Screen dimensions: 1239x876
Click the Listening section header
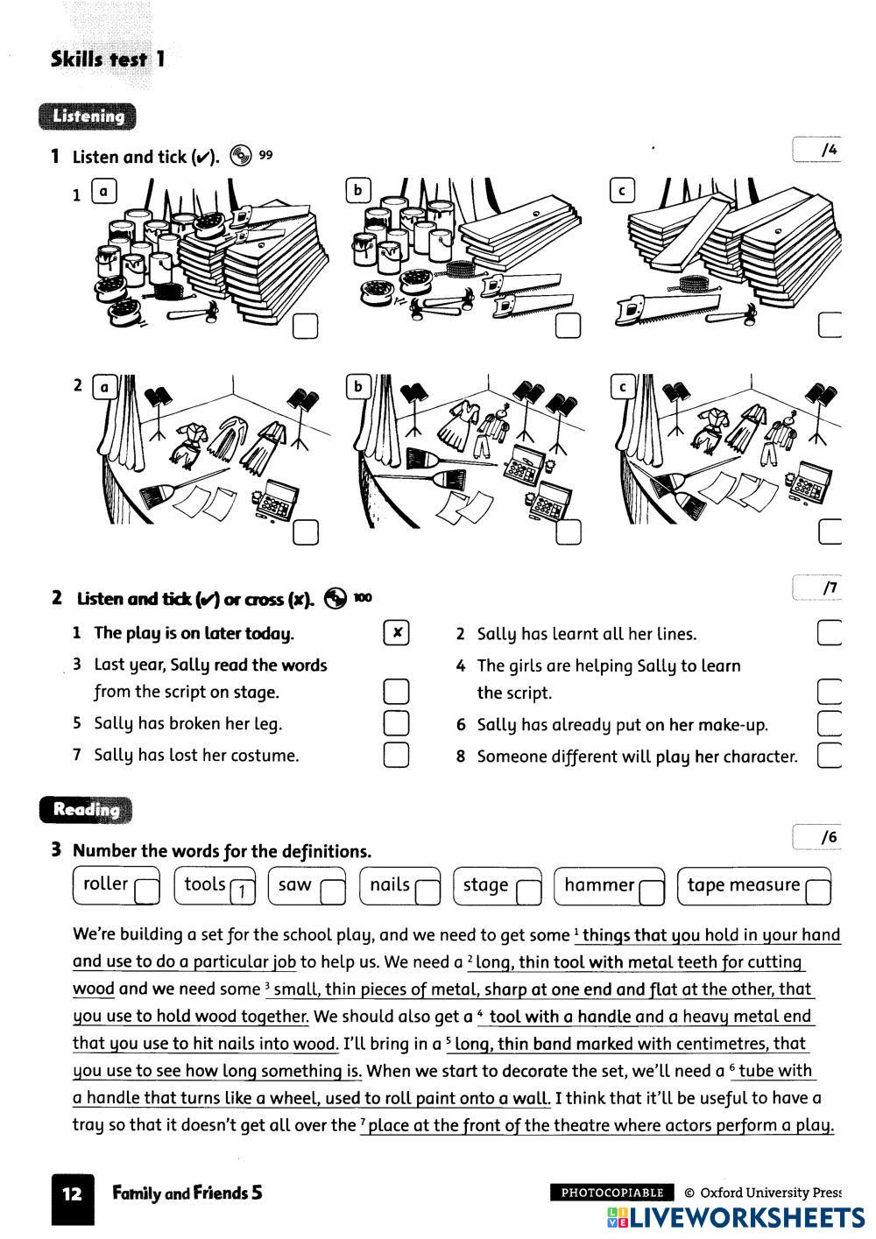tap(88, 116)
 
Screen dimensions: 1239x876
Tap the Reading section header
tap(85, 810)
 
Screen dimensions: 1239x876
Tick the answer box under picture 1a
tap(306, 327)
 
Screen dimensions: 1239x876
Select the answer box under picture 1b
tap(569, 327)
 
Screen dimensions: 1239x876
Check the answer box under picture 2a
tap(306, 532)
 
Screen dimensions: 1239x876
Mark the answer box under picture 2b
tap(569, 532)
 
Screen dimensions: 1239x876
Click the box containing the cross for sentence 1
tap(397, 633)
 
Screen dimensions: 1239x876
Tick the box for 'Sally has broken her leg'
tap(397, 723)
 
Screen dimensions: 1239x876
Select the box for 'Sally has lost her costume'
tap(397, 755)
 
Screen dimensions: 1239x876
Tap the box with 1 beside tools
tap(242, 892)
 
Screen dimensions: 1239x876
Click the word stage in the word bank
tap(486, 885)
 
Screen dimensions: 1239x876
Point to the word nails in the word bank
tap(390, 885)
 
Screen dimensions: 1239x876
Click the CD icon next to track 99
tap(240, 156)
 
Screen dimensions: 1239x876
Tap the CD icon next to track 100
tap(336, 598)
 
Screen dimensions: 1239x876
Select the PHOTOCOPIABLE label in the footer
tap(612, 1193)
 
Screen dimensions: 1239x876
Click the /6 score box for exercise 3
tap(816, 838)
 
